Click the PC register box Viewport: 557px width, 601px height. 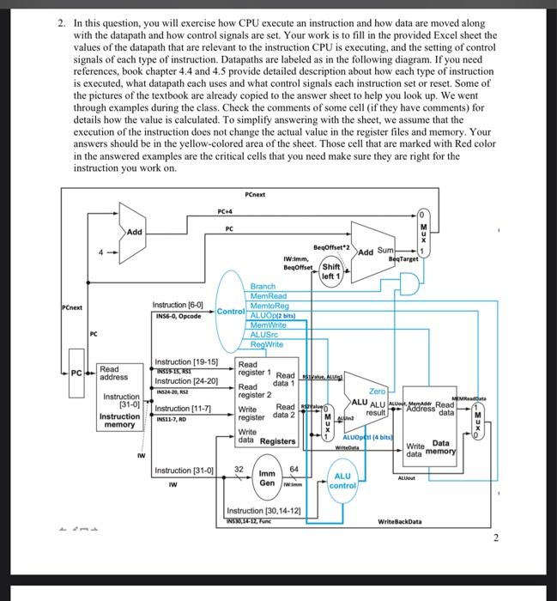[77, 374]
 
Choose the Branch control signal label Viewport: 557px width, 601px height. [263, 286]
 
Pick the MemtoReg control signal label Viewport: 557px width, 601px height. [269, 306]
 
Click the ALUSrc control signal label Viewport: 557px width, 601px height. [264, 334]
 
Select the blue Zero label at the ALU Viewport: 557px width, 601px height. [377, 391]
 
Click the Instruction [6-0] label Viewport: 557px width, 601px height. [178, 305]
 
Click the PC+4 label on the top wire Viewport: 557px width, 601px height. [227, 212]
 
